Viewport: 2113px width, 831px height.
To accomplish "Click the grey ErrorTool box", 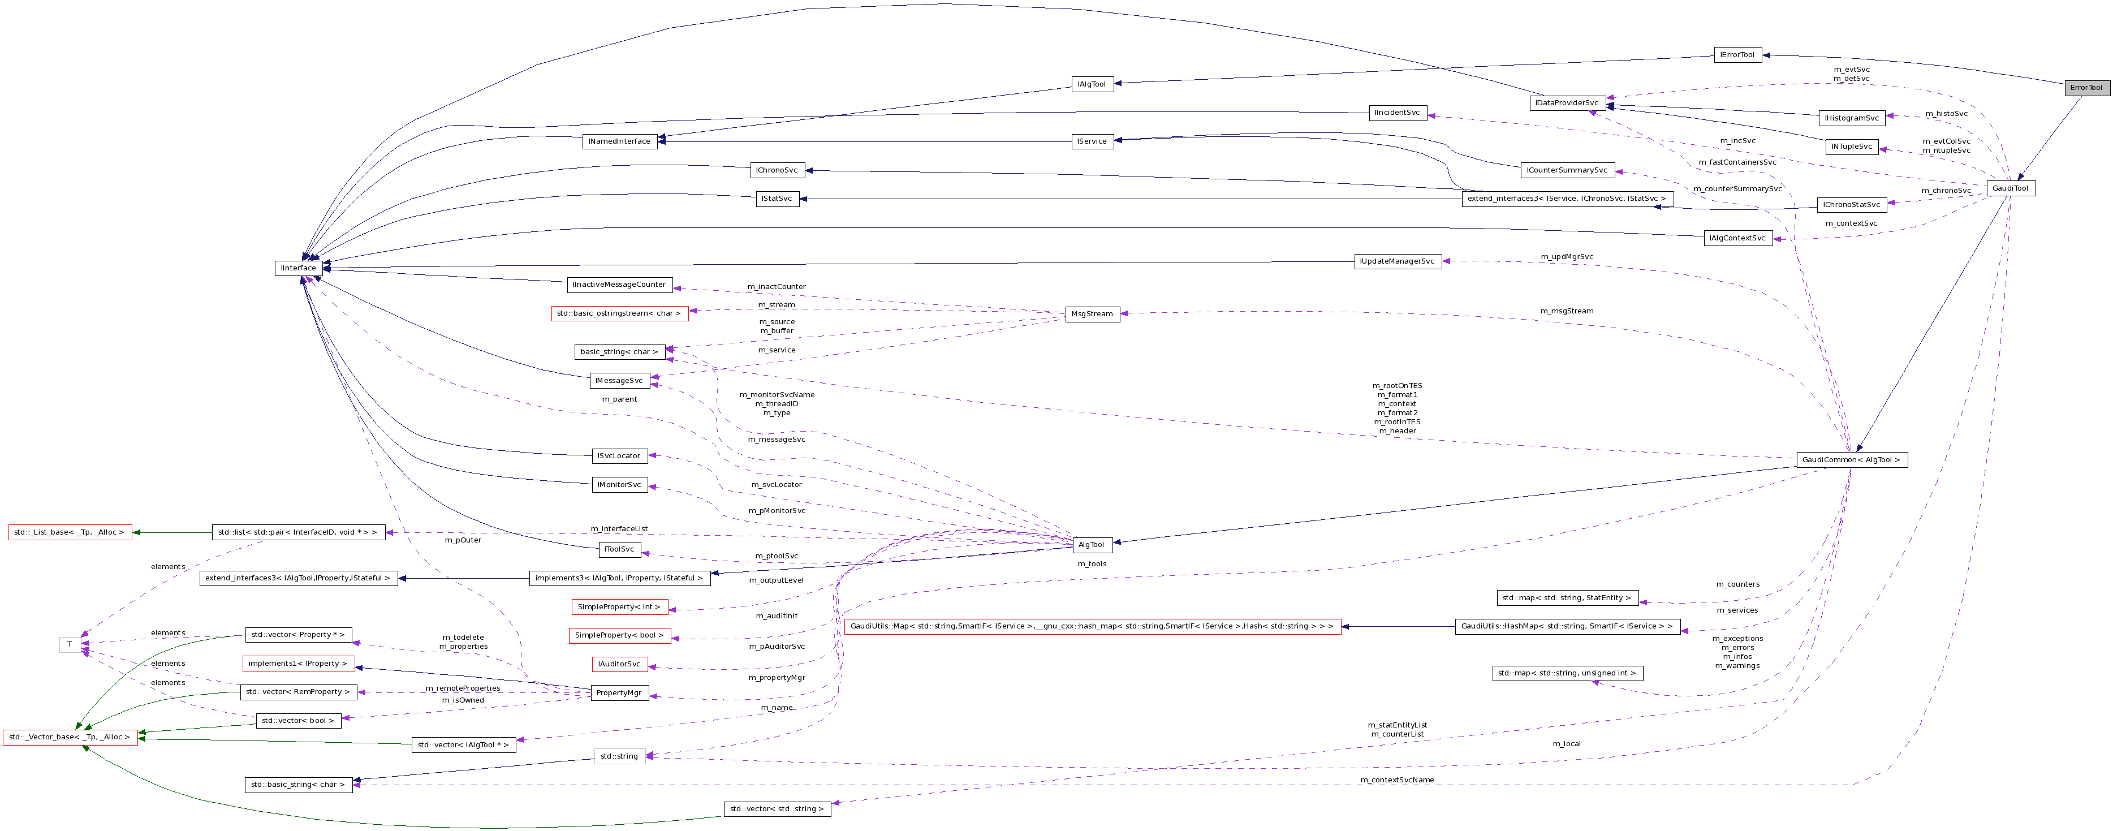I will [x=2086, y=88].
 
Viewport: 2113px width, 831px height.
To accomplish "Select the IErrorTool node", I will [x=1737, y=55].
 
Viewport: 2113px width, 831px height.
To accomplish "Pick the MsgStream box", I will [x=1092, y=314].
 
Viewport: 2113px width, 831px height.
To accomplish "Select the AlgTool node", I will [x=1092, y=545].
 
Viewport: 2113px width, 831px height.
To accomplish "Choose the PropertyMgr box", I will [x=619, y=693].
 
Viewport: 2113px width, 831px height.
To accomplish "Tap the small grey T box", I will [x=70, y=645].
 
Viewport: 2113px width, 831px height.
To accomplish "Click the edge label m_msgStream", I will [x=1566, y=311].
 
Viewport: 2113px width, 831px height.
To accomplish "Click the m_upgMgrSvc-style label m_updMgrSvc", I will [x=1566, y=257].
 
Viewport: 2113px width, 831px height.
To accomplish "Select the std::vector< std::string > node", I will [x=777, y=809].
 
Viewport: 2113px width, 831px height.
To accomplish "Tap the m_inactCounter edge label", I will [x=776, y=286].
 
